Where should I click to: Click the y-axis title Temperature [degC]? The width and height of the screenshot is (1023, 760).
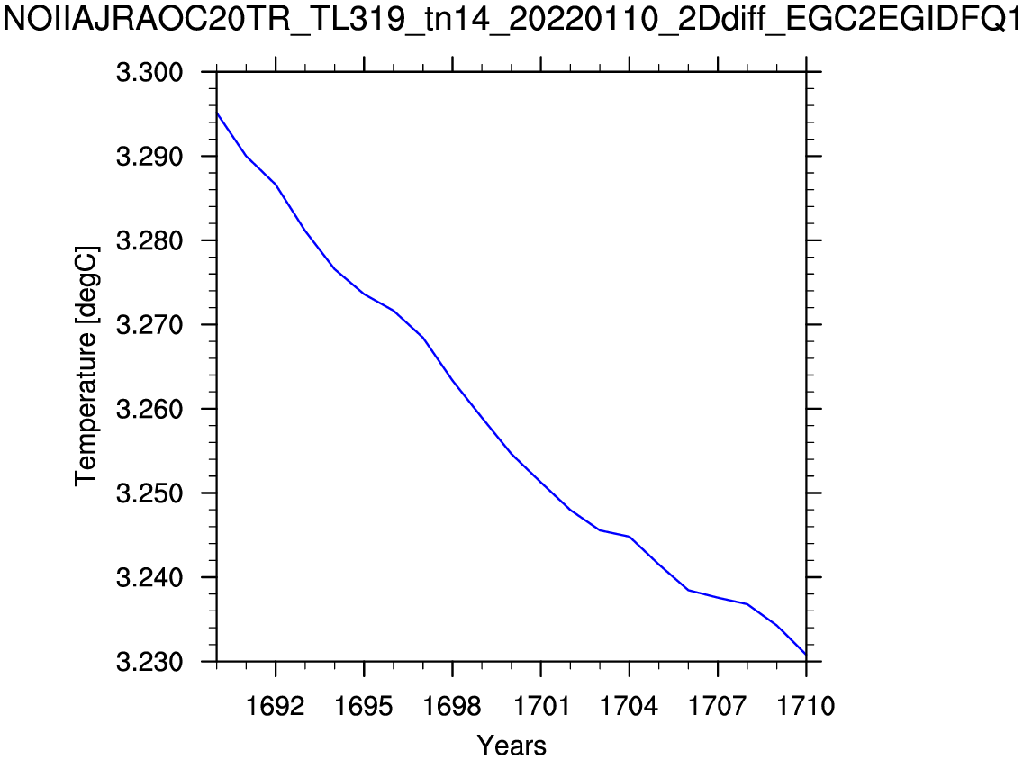86,365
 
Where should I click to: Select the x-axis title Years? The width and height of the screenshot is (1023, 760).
511,745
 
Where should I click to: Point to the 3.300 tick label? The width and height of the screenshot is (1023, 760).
151,73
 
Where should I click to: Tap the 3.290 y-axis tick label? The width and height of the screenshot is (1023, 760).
151,157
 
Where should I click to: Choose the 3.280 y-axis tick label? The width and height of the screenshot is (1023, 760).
151,241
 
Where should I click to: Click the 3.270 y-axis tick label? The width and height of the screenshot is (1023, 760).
151,325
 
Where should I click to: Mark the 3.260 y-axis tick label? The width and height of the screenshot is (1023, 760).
151,410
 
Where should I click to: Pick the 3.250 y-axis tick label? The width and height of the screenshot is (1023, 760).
151,493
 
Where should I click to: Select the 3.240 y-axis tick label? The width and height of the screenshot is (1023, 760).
151,577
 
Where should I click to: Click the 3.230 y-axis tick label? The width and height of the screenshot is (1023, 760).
151,662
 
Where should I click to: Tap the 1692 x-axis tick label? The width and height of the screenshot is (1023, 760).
276,705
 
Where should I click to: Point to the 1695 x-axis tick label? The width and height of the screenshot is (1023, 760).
364,705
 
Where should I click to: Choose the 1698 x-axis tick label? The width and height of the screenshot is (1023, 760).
452,705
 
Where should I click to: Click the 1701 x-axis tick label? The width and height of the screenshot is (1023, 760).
540,705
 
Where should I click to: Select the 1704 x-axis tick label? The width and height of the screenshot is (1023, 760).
629,705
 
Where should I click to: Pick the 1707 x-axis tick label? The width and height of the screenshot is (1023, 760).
717,705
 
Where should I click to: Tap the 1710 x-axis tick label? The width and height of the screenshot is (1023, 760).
805,705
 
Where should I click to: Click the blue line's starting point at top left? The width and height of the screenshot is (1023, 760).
218,113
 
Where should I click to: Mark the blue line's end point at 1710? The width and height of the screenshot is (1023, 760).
805,654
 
